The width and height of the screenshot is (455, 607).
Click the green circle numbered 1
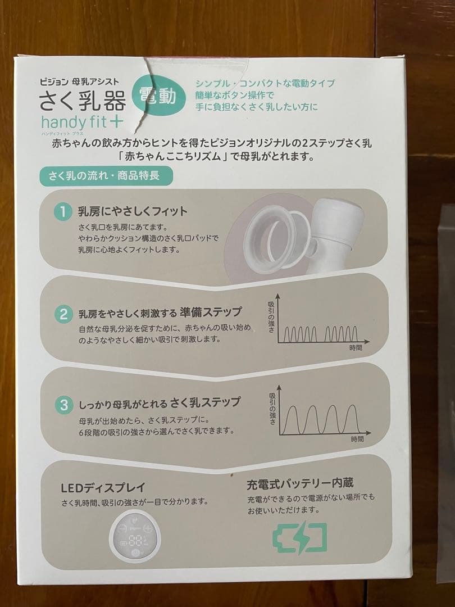click(x=63, y=212)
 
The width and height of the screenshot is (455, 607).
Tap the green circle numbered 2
click(x=63, y=314)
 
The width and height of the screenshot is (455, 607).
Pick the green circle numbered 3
click(x=64, y=405)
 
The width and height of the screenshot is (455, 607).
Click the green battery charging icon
click(x=299, y=538)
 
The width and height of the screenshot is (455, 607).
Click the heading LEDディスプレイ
click(x=103, y=487)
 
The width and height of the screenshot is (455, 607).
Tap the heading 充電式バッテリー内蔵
click(x=300, y=483)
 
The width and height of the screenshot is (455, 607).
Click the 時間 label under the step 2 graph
click(x=356, y=347)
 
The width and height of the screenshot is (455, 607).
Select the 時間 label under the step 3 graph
click(x=357, y=439)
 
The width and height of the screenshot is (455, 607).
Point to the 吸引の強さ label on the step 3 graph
click(x=272, y=409)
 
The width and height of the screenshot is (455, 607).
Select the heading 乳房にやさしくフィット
click(x=133, y=211)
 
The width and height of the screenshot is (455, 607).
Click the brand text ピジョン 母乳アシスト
click(x=79, y=81)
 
